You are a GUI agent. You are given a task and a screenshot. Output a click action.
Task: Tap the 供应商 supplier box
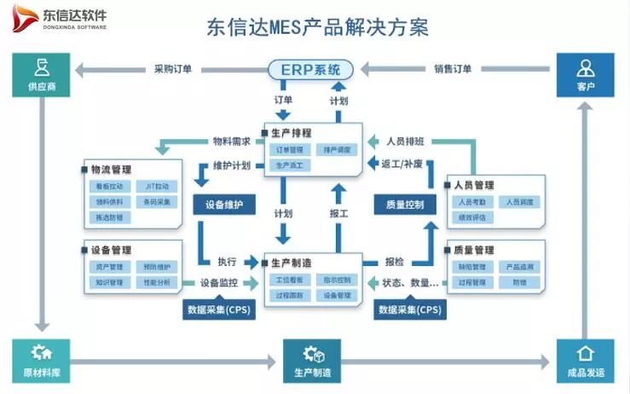[x=41, y=74]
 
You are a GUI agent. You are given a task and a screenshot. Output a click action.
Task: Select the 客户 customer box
[x=585, y=74]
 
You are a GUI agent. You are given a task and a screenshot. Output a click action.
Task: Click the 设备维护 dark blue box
[x=224, y=205]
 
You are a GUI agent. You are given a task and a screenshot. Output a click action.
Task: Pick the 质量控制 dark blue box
[x=404, y=205]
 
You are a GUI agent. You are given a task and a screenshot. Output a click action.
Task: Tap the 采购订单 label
[x=173, y=70]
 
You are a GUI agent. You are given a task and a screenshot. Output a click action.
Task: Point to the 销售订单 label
[x=452, y=70]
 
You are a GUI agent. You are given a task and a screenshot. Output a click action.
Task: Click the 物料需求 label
[x=231, y=142]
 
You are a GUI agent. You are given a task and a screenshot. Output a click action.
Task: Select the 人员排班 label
[x=406, y=142]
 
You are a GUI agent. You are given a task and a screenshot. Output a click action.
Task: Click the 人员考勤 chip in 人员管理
[x=471, y=202]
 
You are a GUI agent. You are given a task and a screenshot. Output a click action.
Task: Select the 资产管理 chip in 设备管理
[x=109, y=267]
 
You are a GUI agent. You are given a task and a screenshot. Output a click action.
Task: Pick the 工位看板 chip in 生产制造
[x=288, y=280]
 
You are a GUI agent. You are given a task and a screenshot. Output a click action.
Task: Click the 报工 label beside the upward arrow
[x=338, y=213]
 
